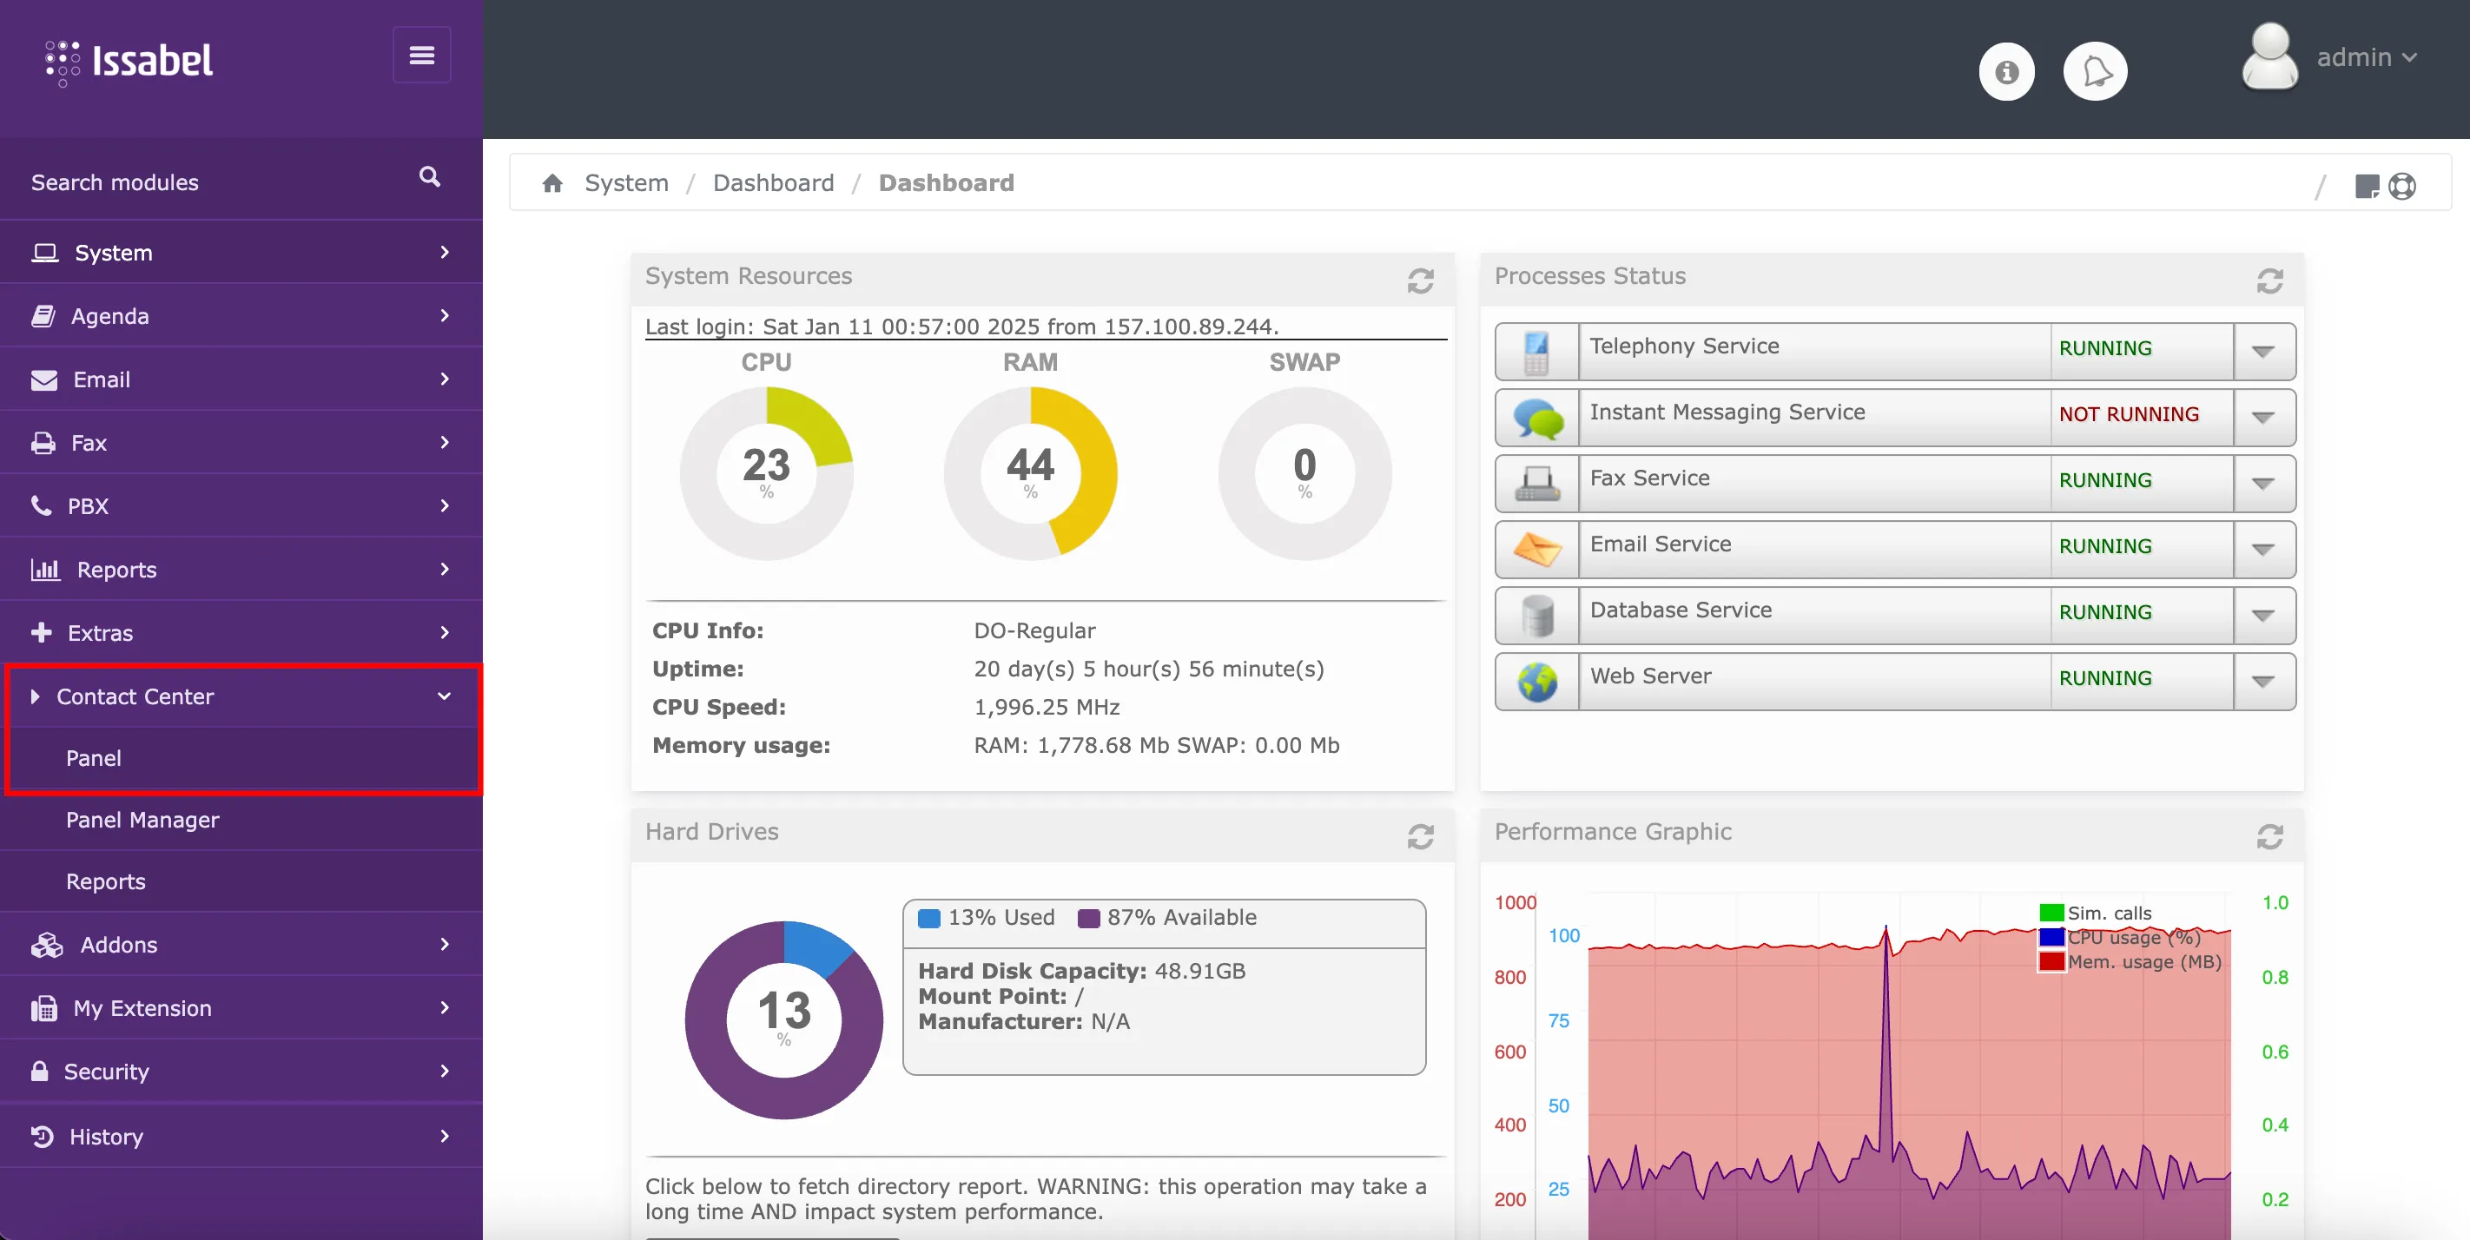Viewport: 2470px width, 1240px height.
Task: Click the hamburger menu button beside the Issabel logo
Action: point(422,56)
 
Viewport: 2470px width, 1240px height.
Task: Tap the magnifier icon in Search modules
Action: point(430,177)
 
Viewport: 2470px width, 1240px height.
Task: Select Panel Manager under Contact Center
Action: point(142,820)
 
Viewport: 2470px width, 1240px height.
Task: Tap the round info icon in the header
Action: point(2006,72)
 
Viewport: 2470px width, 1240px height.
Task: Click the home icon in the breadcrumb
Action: point(552,183)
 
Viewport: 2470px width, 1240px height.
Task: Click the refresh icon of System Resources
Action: point(1420,281)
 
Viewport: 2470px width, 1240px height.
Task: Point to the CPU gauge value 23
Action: point(766,466)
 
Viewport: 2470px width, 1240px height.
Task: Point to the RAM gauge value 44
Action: point(1030,466)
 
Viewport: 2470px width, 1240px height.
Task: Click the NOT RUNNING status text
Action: point(2129,414)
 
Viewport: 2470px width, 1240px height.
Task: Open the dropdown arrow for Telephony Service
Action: point(2263,352)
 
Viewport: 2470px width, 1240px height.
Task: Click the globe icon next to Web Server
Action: point(1537,682)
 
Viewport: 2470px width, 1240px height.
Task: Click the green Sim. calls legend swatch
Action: point(2051,913)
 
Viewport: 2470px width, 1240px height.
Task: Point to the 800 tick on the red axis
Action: point(1509,977)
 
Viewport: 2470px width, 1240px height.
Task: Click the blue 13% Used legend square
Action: point(928,918)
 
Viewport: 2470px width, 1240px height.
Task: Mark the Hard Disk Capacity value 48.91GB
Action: point(1199,971)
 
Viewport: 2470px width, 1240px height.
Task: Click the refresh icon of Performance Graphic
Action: point(2269,837)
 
